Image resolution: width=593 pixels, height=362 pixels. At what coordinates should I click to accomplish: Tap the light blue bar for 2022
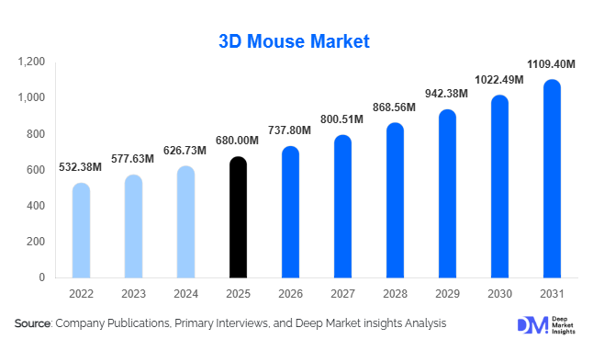pyautogui.click(x=81, y=231)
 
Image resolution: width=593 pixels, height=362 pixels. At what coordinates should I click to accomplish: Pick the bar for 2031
pyautogui.click(x=552, y=179)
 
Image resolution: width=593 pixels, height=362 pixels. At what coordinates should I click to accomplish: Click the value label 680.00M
pyautogui.click(x=237, y=141)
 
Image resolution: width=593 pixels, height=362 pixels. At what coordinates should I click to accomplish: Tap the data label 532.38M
pyautogui.click(x=81, y=167)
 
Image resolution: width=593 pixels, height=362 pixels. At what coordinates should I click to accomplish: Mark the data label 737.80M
pyautogui.click(x=289, y=130)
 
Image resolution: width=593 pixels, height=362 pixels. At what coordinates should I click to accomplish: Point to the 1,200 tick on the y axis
pyautogui.click(x=31, y=62)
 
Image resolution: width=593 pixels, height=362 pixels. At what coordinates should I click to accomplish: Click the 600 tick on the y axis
pyautogui.click(x=35, y=170)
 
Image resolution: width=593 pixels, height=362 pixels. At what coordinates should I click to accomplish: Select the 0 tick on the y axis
pyautogui.click(x=41, y=277)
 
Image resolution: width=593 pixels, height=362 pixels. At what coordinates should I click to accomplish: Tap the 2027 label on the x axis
pyautogui.click(x=341, y=293)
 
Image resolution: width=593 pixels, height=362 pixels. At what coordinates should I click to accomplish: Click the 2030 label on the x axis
pyautogui.click(x=498, y=293)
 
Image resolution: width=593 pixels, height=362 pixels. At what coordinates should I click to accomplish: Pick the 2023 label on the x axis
pyautogui.click(x=133, y=293)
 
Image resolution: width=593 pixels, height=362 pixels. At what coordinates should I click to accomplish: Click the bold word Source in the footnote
pyautogui.click(x=33, y=323)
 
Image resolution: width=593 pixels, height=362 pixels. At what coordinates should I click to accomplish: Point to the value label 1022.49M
pyautogui.click(x=498, y=80)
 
